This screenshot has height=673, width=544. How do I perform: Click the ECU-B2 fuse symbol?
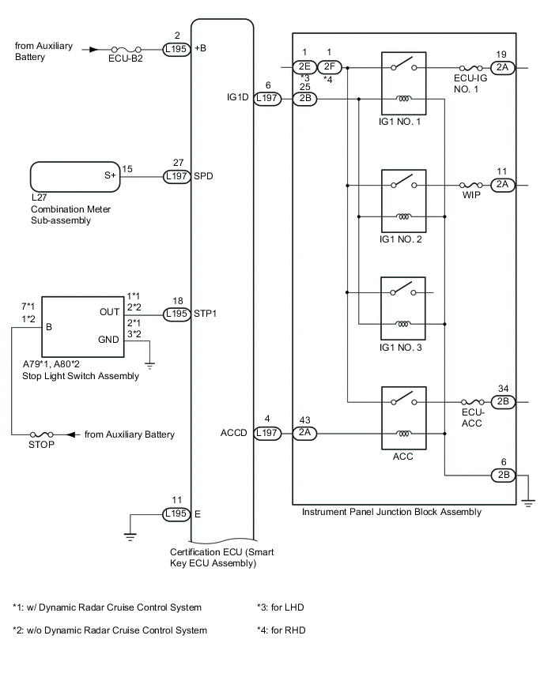tap(127, 49)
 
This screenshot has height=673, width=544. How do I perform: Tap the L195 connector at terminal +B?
tap(176, 49)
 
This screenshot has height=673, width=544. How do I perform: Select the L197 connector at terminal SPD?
tap(176, 176)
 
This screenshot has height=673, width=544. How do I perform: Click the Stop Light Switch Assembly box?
tap(82, 327)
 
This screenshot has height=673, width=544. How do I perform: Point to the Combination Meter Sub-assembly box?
tap(75, 176)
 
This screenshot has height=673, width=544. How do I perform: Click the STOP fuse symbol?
tap(41, 434)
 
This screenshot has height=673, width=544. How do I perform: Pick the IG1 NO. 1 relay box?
tap(403, 84)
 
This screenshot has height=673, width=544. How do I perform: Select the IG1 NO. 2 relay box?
tap(403, 201)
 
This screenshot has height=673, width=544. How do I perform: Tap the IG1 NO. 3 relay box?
tap(402, 308)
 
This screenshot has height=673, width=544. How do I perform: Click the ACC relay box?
tap(403, 418)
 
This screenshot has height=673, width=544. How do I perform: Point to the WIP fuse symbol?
tap(471, 186)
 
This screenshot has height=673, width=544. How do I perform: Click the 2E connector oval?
tap(304, 67)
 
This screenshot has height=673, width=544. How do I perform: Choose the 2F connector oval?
tap(329, 67)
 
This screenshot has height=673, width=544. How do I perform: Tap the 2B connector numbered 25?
tap(304, 99)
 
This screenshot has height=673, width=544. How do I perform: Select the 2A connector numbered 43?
tap(304, 433)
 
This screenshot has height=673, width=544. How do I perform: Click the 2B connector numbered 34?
tap(503, 402)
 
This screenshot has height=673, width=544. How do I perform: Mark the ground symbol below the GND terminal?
tap(149, 365)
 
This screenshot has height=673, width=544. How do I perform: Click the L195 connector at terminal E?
tap(176, 513)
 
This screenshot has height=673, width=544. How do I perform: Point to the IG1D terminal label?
tap(238, 97)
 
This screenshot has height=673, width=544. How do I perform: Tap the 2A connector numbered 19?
tap(502, 68)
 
